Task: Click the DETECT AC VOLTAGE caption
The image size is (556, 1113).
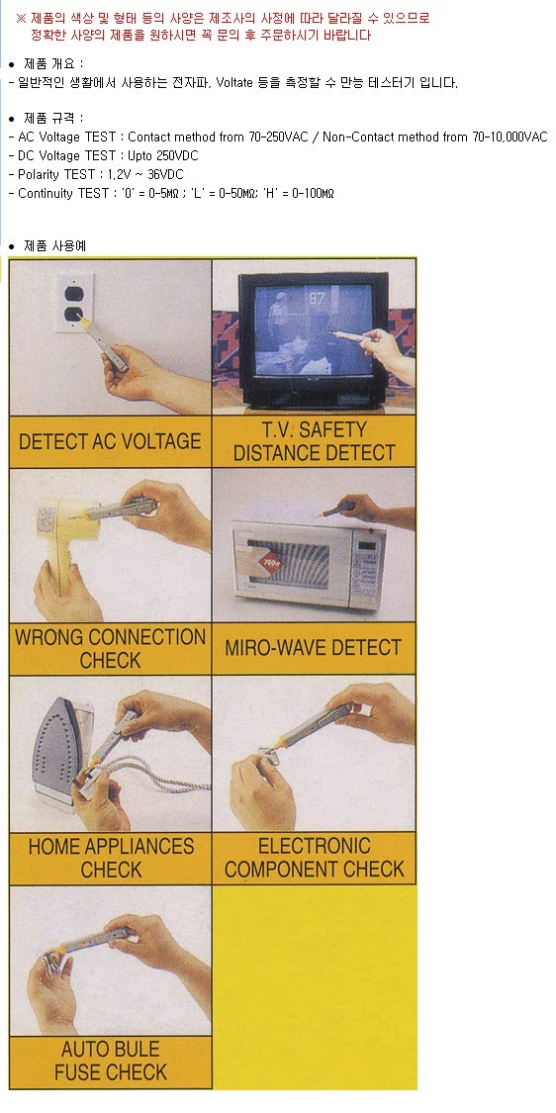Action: click(x=110, y=441)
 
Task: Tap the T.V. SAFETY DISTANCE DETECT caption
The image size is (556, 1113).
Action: click(x=314, y=441)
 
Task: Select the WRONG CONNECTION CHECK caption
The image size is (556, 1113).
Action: click(x=110, y=648)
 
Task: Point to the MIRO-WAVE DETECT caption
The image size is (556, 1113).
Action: click(x=314, y=647)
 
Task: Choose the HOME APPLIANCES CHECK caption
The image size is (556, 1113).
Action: click(x=111, y=858)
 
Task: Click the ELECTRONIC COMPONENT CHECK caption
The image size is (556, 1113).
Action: click(x=314, y=857)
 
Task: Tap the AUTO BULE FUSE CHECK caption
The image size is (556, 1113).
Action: click(x=111, y=1061)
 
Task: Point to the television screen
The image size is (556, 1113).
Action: click(x=314, y=330)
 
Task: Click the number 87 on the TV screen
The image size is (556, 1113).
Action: click(x=317, y=298)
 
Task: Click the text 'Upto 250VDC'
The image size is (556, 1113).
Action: click(x=163, y=155)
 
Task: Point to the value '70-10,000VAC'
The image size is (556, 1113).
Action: click(x=510, y=137)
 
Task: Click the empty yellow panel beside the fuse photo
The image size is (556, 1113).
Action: click(x=314, y=986)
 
